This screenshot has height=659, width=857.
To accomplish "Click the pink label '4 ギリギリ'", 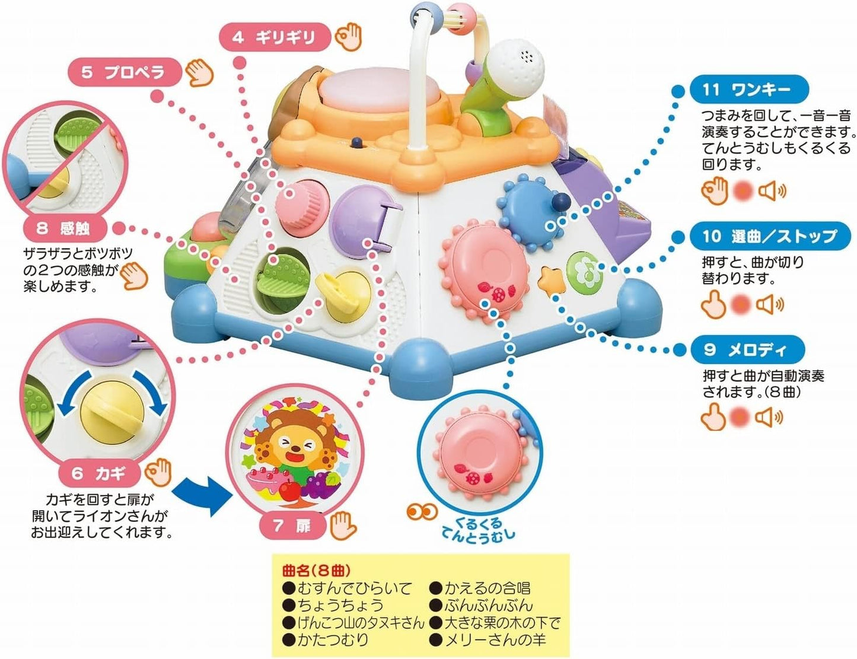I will (x=274, y=37).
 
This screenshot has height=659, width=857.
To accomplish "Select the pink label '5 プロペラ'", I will (x=123, y=72).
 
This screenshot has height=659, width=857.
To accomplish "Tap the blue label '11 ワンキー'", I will (x=749, y=90).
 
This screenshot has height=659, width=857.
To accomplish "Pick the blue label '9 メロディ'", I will (x=747, y=350).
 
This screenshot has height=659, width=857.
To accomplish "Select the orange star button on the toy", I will (x=550, y=279).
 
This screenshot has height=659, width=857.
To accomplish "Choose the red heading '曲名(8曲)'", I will (x=317, y=571).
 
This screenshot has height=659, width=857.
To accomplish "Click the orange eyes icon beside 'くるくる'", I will (x=422, y=511).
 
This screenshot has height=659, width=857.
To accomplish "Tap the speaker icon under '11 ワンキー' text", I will (x=772, y=191).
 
